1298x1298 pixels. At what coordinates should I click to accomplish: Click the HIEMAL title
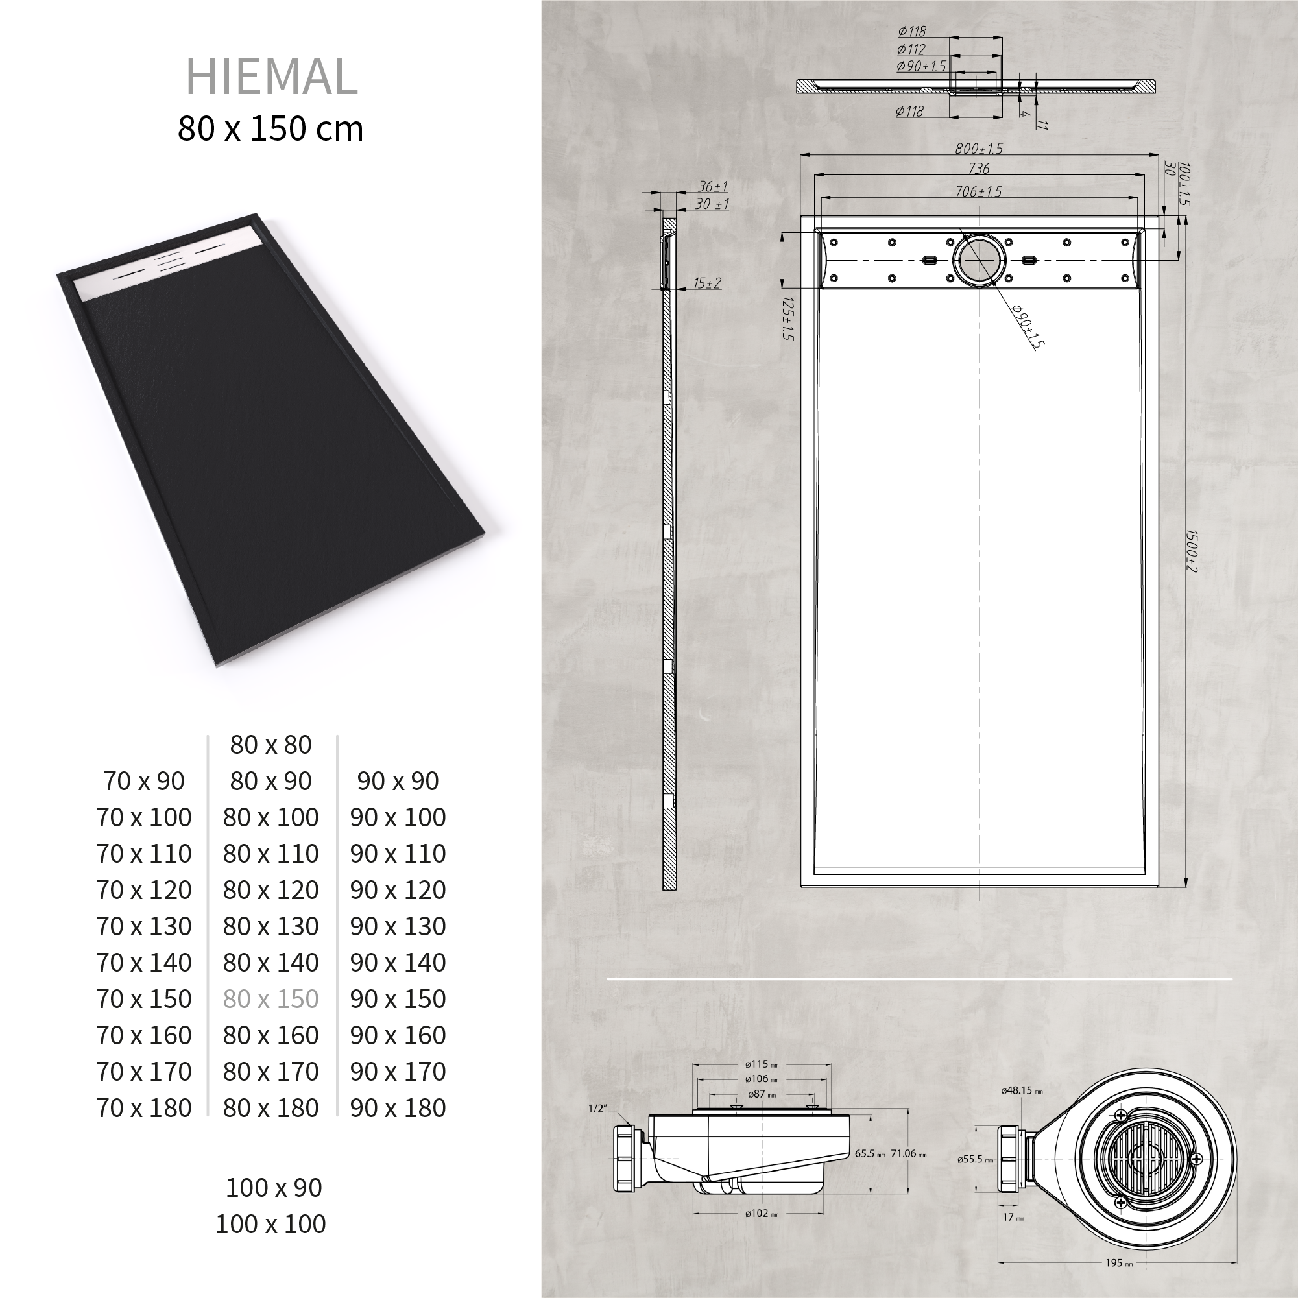[271, 77]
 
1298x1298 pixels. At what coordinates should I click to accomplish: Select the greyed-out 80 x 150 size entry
[270, 998]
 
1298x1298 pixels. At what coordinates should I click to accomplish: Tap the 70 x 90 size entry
[144, 781]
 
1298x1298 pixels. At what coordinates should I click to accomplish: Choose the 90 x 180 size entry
[398, 1108]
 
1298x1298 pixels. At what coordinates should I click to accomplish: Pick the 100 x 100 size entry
[270, 1223]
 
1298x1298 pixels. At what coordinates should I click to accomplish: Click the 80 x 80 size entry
[270, 745]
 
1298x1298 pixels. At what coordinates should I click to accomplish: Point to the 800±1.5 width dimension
[979, 149]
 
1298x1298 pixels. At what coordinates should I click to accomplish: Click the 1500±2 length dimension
[1191, 551]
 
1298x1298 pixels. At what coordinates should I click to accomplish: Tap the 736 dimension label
[979, 169]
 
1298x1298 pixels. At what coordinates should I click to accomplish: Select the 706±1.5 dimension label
[979, 191]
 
